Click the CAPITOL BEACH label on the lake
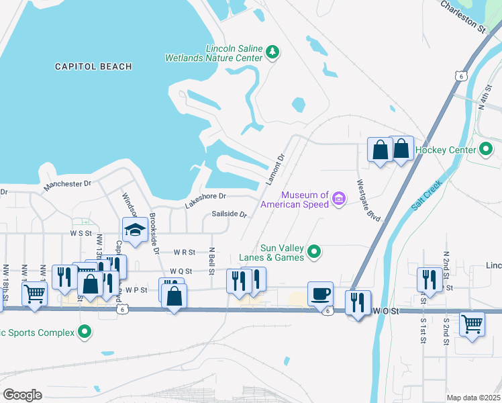point(93,66)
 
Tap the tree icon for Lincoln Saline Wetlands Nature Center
point(272,52)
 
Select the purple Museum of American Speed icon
point(339,199)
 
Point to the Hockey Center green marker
point(487,150)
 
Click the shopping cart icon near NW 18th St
point(34,293)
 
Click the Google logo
point(22,394)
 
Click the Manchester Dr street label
point(67,185)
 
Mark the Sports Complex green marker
point(85,331)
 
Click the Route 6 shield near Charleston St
point(460,77)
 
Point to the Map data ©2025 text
point(472,397)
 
